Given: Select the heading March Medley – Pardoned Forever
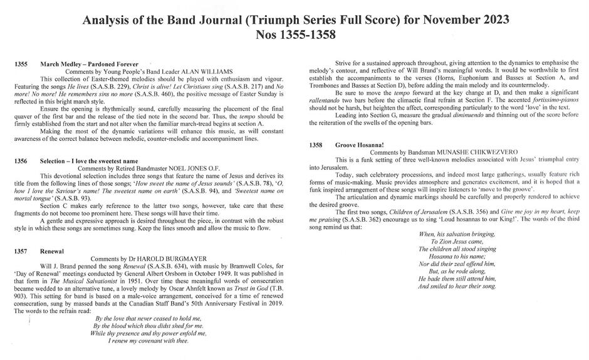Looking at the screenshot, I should point(89,64).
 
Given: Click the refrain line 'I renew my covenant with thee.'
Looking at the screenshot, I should point(149,341).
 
